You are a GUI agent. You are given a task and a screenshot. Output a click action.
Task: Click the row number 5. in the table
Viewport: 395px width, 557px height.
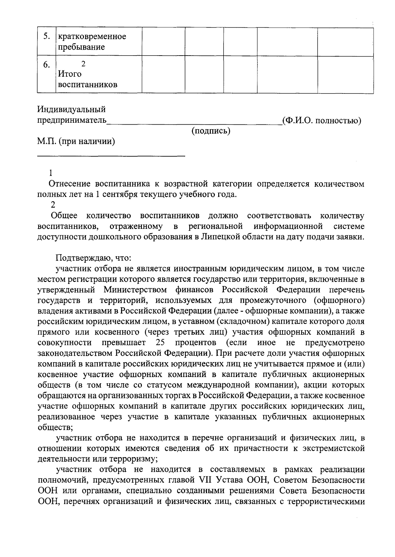coord(46,37)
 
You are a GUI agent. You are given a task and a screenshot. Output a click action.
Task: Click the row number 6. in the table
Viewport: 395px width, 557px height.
coord(46,65)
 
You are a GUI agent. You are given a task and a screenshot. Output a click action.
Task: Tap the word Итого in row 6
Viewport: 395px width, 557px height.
coord(70,74)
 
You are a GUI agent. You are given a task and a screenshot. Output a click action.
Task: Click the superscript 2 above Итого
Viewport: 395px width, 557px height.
coord(83,64)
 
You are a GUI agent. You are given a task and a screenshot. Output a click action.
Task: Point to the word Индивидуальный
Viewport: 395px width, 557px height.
coord(71,109)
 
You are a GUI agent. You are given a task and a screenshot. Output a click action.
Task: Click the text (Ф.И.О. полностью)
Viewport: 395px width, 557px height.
coord(322,121)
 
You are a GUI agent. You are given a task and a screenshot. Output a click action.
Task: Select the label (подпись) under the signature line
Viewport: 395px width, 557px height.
coord(211,131)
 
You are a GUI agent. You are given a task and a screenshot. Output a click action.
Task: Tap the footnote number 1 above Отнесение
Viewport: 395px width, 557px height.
coord(50,173)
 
